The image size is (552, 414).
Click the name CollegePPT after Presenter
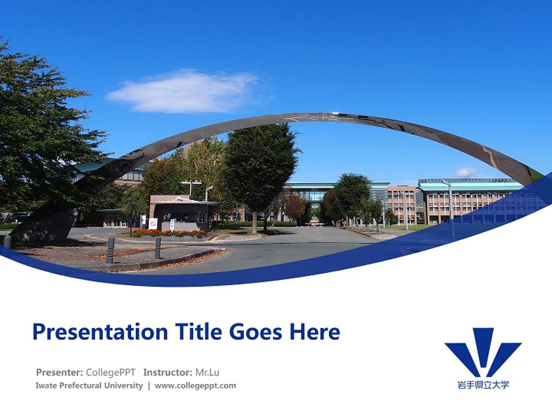111,372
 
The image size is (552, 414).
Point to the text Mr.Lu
208,372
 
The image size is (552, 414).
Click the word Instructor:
168,372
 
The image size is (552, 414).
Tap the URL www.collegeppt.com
195,386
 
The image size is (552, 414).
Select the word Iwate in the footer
47,386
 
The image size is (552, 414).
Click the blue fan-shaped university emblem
482,352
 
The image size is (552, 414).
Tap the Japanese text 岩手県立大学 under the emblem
483,385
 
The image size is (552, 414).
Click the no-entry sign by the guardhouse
153,223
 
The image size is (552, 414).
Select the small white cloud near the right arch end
466,172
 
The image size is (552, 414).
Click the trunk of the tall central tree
254,221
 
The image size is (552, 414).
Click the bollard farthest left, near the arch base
7,241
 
